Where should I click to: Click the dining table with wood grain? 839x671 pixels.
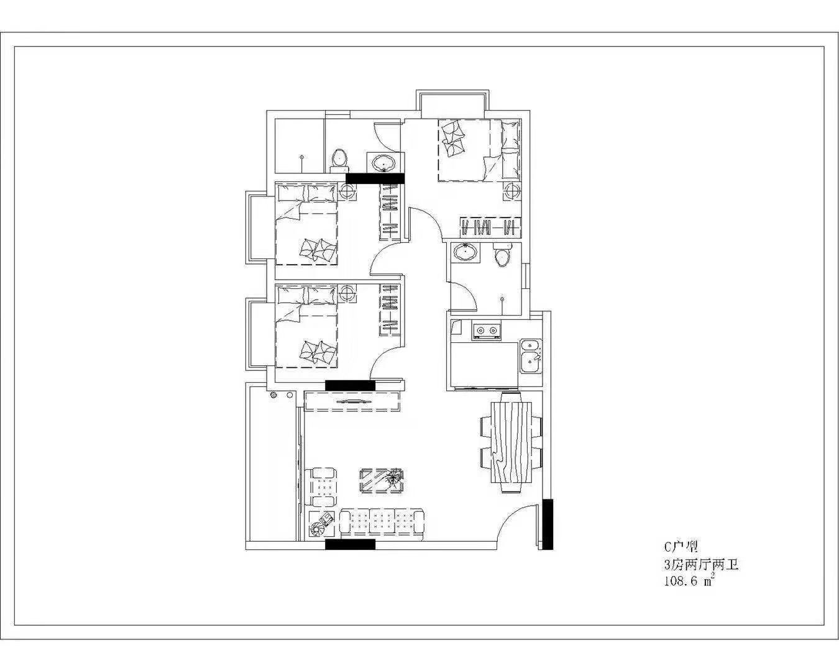pyautogui.click(x=511, y=442)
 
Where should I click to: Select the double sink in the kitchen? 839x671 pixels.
pyautogui.click(x=531, y=357)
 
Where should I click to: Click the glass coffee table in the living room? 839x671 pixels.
pyautogui.click(x=382, y=481)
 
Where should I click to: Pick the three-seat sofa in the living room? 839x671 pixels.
pyautogui.click(x=382, y=524)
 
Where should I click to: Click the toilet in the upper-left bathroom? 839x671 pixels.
pyautogui.click(x=340, y=159)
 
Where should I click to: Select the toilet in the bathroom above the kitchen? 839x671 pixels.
pyautogui.click(x=502, y=255)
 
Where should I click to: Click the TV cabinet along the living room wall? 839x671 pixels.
pyautogui.click(x=352, y=401)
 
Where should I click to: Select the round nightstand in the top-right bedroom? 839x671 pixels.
pyautogui.click(x=511, y=191)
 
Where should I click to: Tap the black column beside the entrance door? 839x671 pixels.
pyautogui.click(x=548, y=524)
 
